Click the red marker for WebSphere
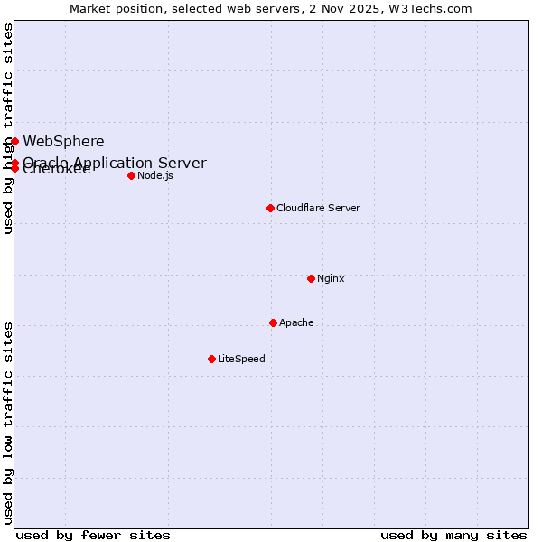14,141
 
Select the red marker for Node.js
131,175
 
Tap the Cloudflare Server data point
270,208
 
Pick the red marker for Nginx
311,278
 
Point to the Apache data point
273,322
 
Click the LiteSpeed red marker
211,359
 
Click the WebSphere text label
63,141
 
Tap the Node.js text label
155,175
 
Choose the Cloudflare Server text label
318,208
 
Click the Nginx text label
331,278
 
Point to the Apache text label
296,322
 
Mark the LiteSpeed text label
241,359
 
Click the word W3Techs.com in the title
434,8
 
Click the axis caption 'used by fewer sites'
93,535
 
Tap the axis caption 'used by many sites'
453,535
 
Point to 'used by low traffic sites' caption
8,423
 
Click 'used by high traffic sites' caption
8,128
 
